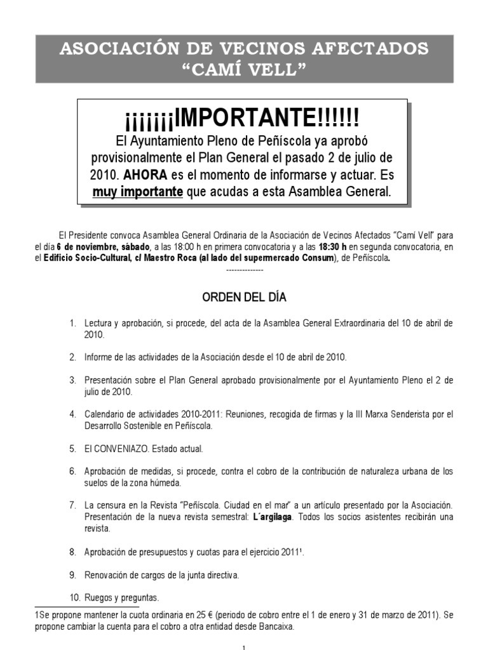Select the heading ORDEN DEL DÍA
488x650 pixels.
(x=244, y=298)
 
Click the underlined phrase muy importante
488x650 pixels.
(x=137, y=192)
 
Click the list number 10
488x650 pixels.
(x=73, y=597)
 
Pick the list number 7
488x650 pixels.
(x=73, y=505)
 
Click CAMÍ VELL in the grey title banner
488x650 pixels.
(x=244, y=69)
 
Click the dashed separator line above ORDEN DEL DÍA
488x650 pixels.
(x=244, y=270)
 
